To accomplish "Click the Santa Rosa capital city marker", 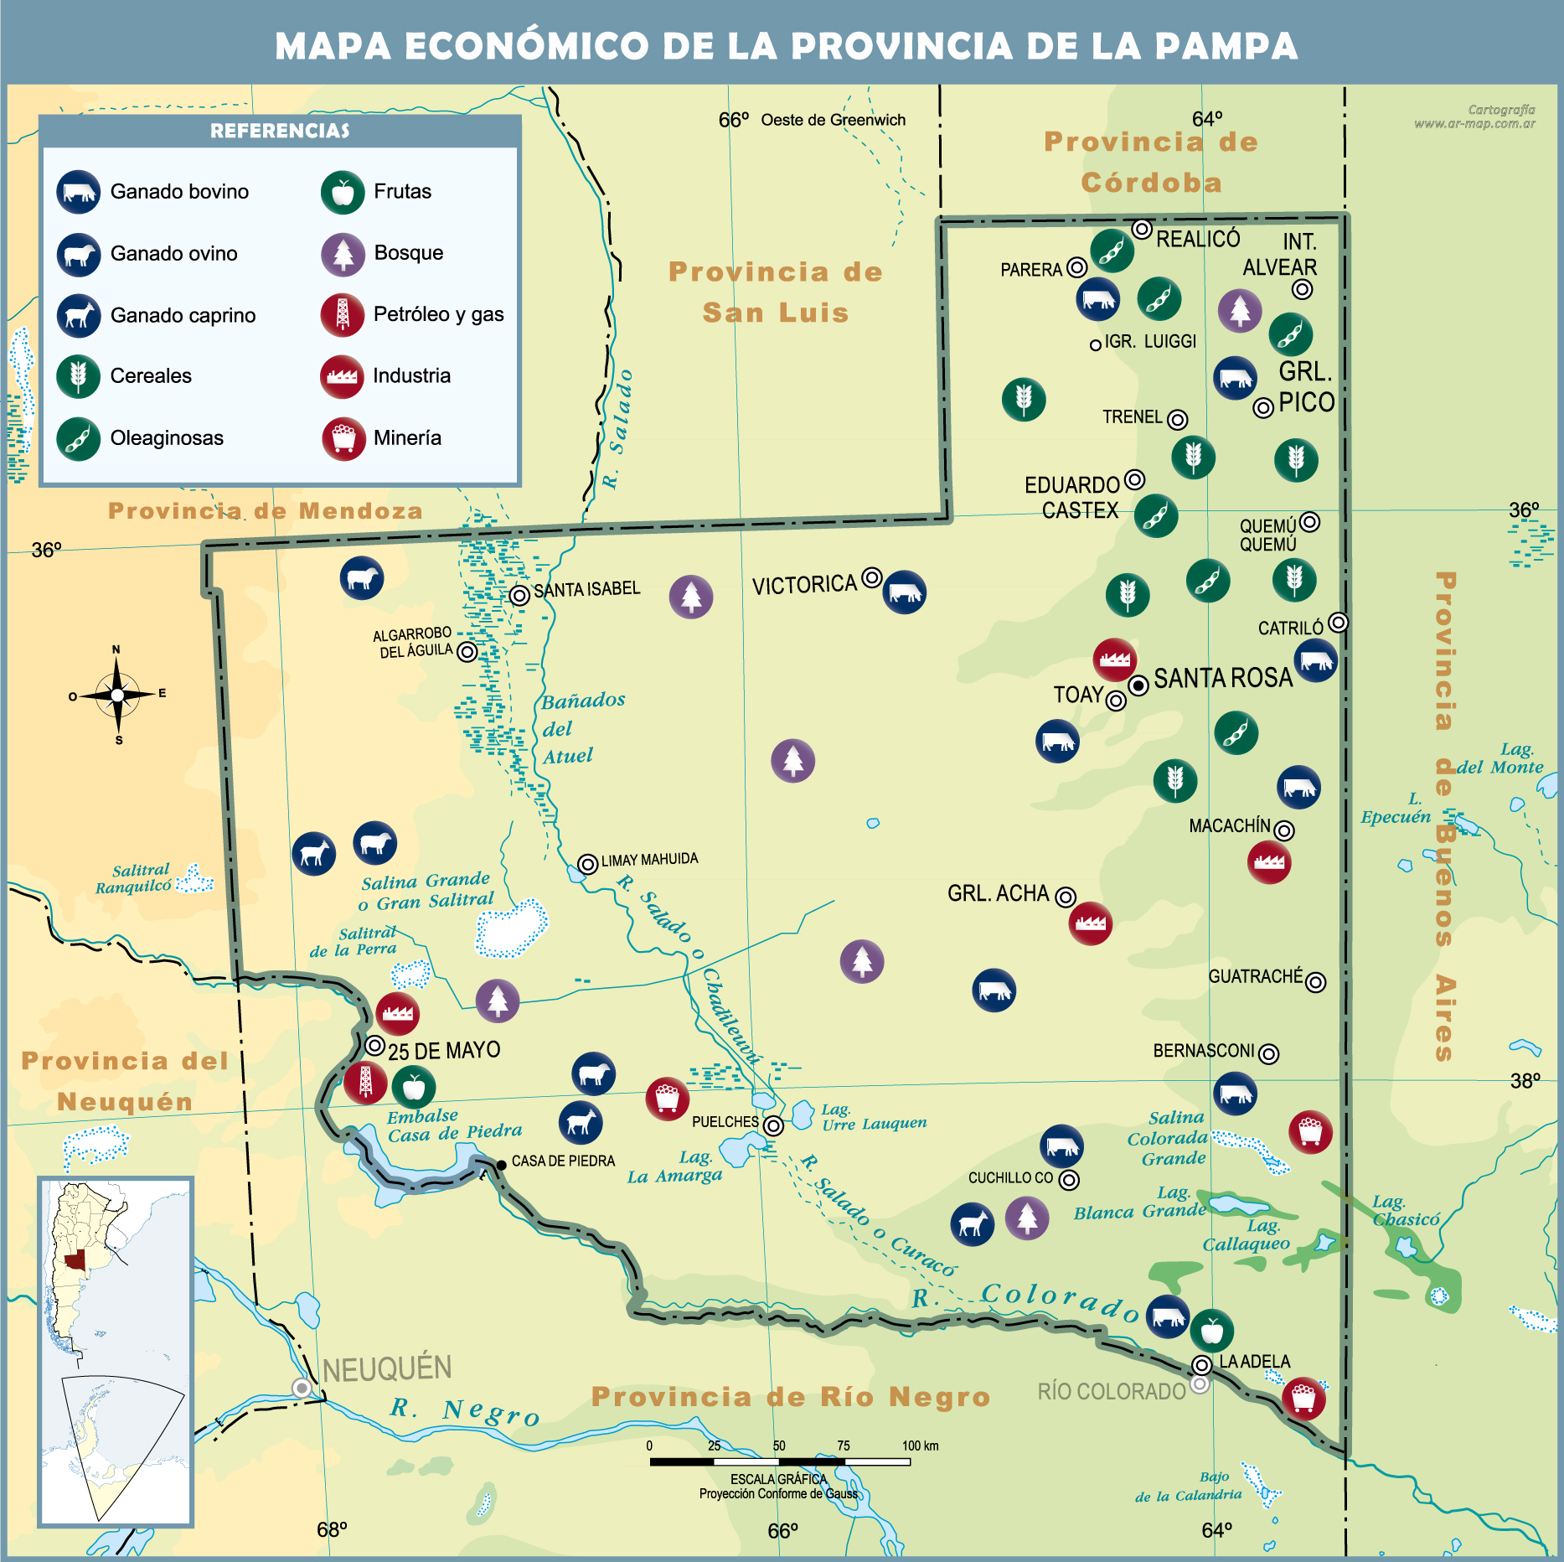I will (x=1138, y=685).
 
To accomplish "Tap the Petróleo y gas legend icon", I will (x=343, y=315).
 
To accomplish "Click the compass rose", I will (x=117, y=695).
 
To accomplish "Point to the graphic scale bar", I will (x=780, y=1461).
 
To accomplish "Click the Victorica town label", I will (x=804, y=584).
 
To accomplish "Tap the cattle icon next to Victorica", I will (x=905, y=592).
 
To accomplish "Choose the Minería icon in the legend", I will (x=343, y=438).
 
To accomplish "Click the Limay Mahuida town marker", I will (x=588, y=863).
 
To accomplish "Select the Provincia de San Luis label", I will (x=776, y=292).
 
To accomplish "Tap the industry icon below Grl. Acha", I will (x=1091, y=923).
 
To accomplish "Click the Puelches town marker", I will (x=774, y=1125).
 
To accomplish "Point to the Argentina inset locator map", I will (x=116, y=1351).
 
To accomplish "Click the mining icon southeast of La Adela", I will (x=1303, y=1398).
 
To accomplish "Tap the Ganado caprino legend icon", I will (x=79, y=315).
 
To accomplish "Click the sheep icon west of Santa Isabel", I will (x=362, y=578).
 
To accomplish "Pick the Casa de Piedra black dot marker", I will (x=501, y=1165).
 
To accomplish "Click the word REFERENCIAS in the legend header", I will (x=280, y=131).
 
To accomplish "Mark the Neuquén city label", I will (x=387, y=1369).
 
